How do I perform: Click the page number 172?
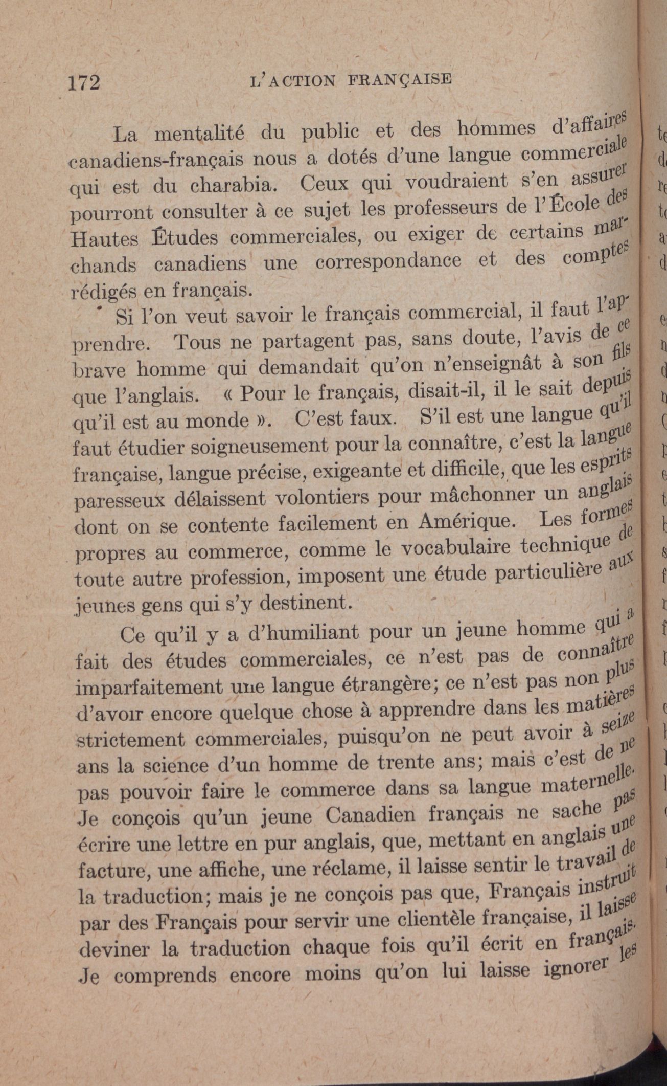pyautogui.click(x=85, y=82)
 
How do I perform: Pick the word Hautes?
pyautogui.click(x=104, y=238)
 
